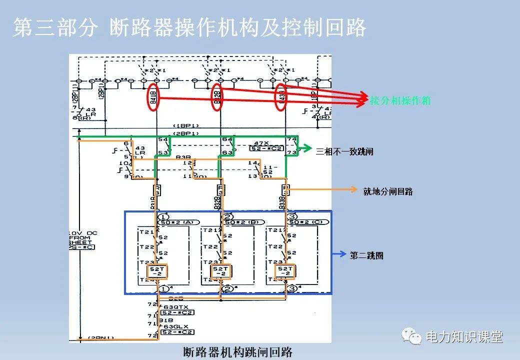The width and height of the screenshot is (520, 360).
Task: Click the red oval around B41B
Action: pos(153,97)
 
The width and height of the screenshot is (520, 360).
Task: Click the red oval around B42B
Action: pos(216,97)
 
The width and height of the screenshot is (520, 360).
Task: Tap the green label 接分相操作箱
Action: pos(400,100)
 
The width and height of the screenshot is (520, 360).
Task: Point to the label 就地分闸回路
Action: pos(388,191)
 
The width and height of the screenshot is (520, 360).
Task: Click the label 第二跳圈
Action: pos(366,255)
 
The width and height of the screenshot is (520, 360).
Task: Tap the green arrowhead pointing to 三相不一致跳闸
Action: pos(309,148)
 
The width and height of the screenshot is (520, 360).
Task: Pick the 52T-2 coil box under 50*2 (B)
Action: pos(220,271)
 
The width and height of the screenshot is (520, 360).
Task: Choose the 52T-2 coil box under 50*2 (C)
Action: pos(285,271)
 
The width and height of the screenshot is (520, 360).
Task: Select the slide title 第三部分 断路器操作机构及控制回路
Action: pos(189,28)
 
